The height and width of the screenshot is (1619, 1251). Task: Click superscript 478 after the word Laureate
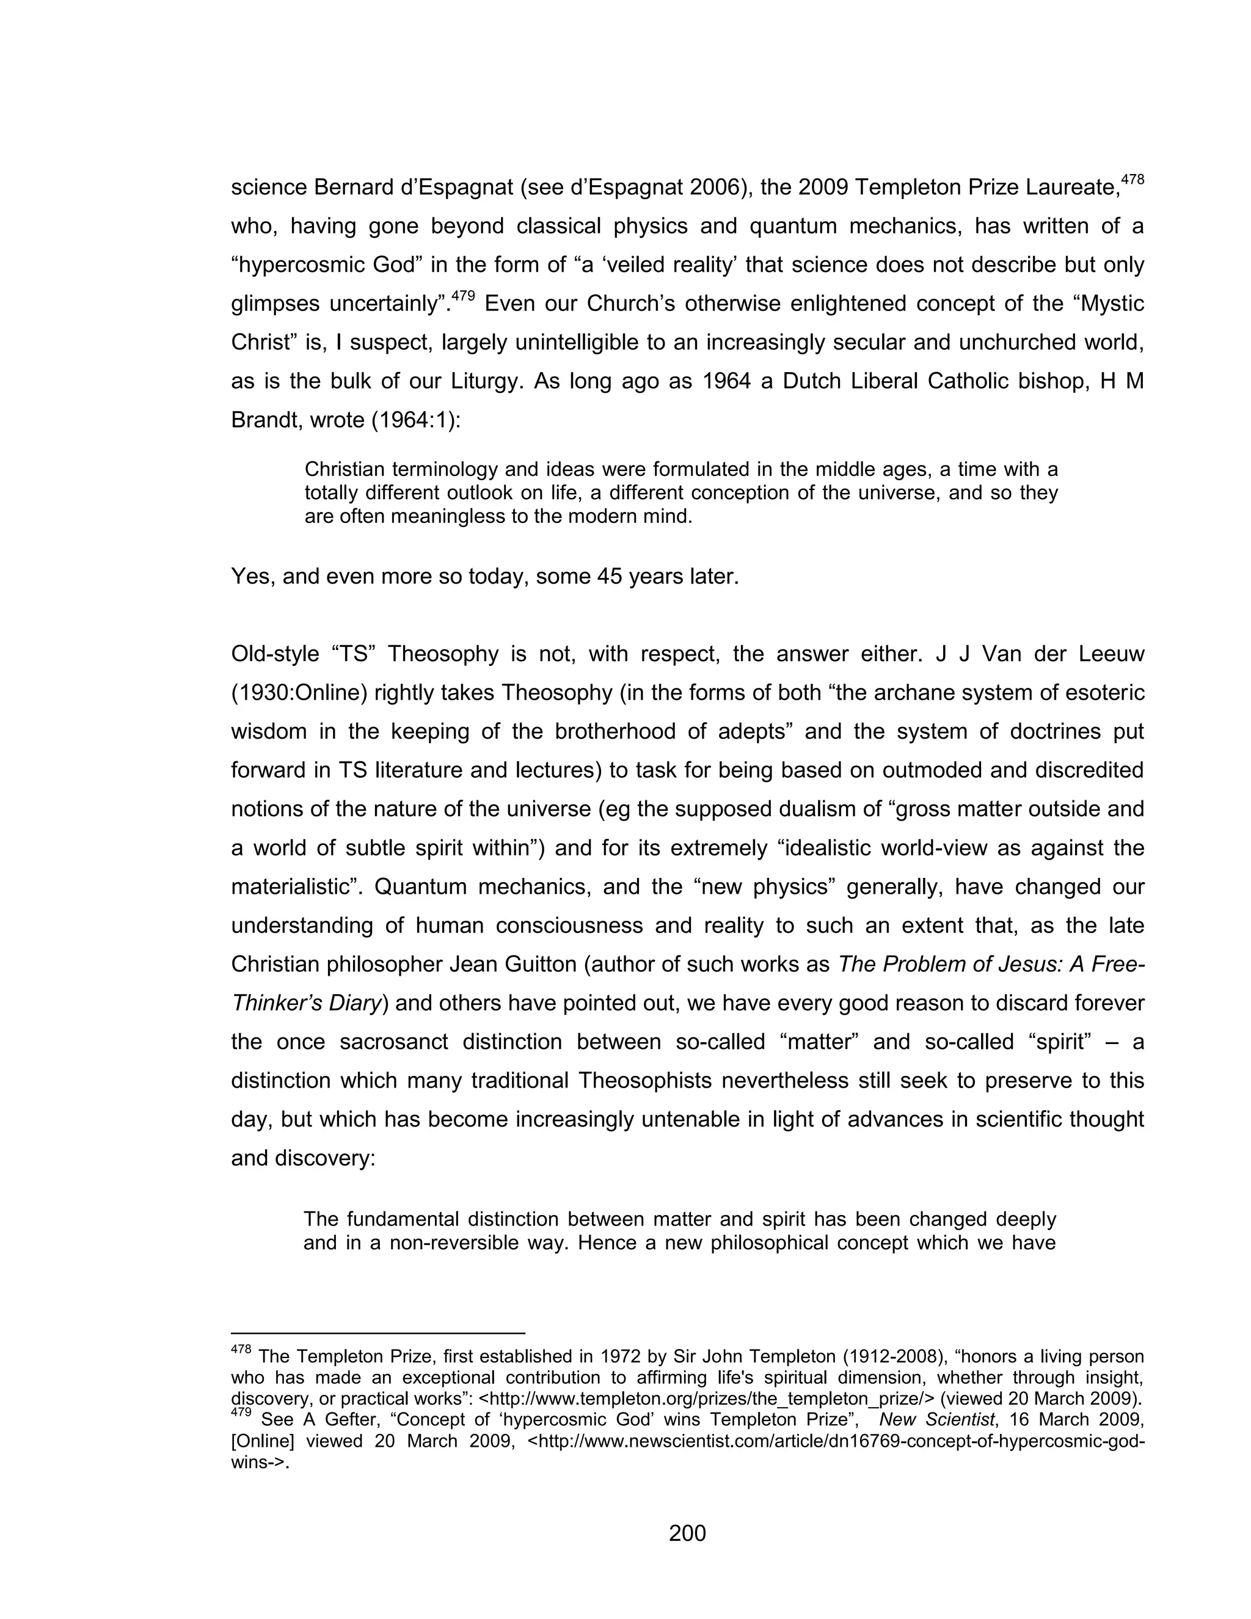coord(1132,180)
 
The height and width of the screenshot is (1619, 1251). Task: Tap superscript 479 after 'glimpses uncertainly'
coord(463,296)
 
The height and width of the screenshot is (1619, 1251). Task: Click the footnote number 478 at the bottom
coord(241,1350)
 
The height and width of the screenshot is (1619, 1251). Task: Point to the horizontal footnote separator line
coord(378,1332)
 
